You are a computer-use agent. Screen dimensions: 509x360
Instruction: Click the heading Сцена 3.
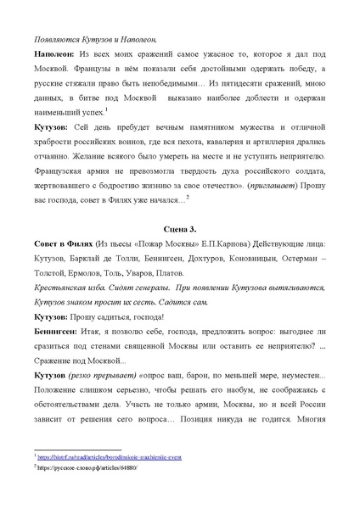click(180, 230)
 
